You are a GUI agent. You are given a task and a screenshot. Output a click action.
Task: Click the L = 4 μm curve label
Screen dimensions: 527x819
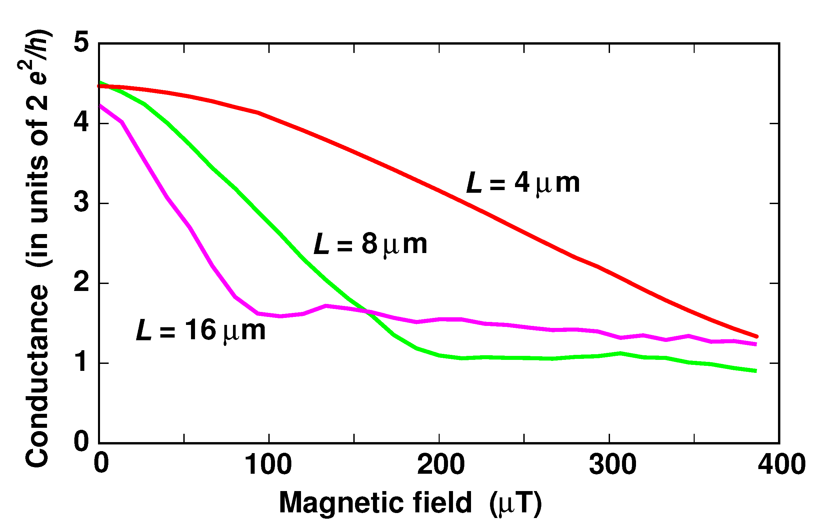(523, 184)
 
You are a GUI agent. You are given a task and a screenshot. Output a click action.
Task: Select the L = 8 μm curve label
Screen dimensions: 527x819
(370, 245)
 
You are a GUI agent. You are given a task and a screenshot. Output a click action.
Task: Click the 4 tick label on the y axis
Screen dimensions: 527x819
(82, 123)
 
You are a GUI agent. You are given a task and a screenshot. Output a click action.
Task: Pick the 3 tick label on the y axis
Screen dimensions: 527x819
(82, 203)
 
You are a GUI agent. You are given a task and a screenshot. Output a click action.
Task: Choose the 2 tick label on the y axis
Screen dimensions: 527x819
(82, 283)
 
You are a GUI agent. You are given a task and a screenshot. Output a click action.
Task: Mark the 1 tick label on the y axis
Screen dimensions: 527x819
(82, 363)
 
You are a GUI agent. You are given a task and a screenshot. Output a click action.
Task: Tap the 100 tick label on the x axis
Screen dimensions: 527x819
(268, 465)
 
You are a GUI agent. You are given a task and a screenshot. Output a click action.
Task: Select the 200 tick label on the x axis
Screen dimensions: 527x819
(440, 465)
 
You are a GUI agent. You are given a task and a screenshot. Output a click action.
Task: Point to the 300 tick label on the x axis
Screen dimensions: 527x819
(612, 465)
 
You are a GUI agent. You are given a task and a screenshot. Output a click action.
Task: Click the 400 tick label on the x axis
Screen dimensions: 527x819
(781, 465)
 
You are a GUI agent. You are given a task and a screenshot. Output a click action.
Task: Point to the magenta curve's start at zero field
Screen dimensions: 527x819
(100, 106)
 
